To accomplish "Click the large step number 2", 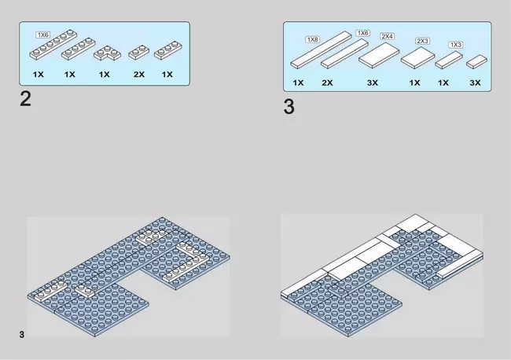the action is point(25,99).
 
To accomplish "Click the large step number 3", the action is point(289,107).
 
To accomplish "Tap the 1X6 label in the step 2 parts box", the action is point(42,35).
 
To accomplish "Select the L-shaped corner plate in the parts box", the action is point(107,53).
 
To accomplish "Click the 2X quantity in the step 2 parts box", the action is point(139,75).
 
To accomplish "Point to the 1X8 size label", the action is point(312,39).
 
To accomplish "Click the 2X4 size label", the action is point(387,36).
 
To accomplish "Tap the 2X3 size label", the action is point(422,41).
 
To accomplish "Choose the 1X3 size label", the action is point(456,45).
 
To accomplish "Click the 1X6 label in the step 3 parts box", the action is point(362,33).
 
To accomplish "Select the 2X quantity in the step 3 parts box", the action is point(327,83).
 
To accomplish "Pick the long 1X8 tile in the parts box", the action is point(321,50).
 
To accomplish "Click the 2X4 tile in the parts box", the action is point(379,55).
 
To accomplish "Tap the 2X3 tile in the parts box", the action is point(417,58).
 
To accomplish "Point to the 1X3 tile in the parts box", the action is point(449,60).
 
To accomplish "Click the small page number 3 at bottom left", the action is point(21,335).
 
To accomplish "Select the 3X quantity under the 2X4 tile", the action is point(373,83).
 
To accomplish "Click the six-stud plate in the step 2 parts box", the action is point(53,45).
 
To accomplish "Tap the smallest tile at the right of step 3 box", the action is point(476,62).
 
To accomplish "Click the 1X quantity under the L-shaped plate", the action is point(104,75).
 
